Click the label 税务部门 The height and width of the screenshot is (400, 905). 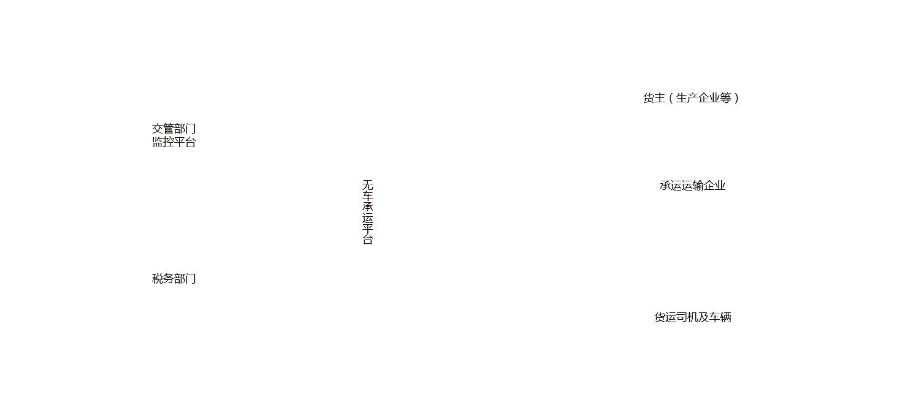174,279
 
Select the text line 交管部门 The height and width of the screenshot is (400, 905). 174,129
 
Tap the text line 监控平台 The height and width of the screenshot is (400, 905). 174,142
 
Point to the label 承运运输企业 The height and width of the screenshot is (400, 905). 692,186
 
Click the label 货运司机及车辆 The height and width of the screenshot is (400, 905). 692,317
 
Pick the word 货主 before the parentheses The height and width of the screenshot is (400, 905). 654,98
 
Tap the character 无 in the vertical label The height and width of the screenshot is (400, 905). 367,184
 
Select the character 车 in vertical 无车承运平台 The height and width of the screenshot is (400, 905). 367,196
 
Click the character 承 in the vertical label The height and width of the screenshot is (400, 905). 367,207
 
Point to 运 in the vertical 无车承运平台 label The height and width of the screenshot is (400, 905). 367,218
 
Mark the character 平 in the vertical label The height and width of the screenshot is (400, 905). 367,229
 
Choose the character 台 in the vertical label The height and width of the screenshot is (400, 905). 367,240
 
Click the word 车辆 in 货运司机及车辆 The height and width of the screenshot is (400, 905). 720,317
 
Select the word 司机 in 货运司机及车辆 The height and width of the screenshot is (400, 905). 687,317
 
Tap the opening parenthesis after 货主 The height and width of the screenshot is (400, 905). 671,98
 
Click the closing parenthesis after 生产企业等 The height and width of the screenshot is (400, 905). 736,98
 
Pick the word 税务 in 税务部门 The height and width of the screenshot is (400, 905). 163,279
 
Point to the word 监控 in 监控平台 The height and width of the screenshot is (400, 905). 163,142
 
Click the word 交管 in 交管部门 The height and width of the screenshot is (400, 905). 163,129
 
